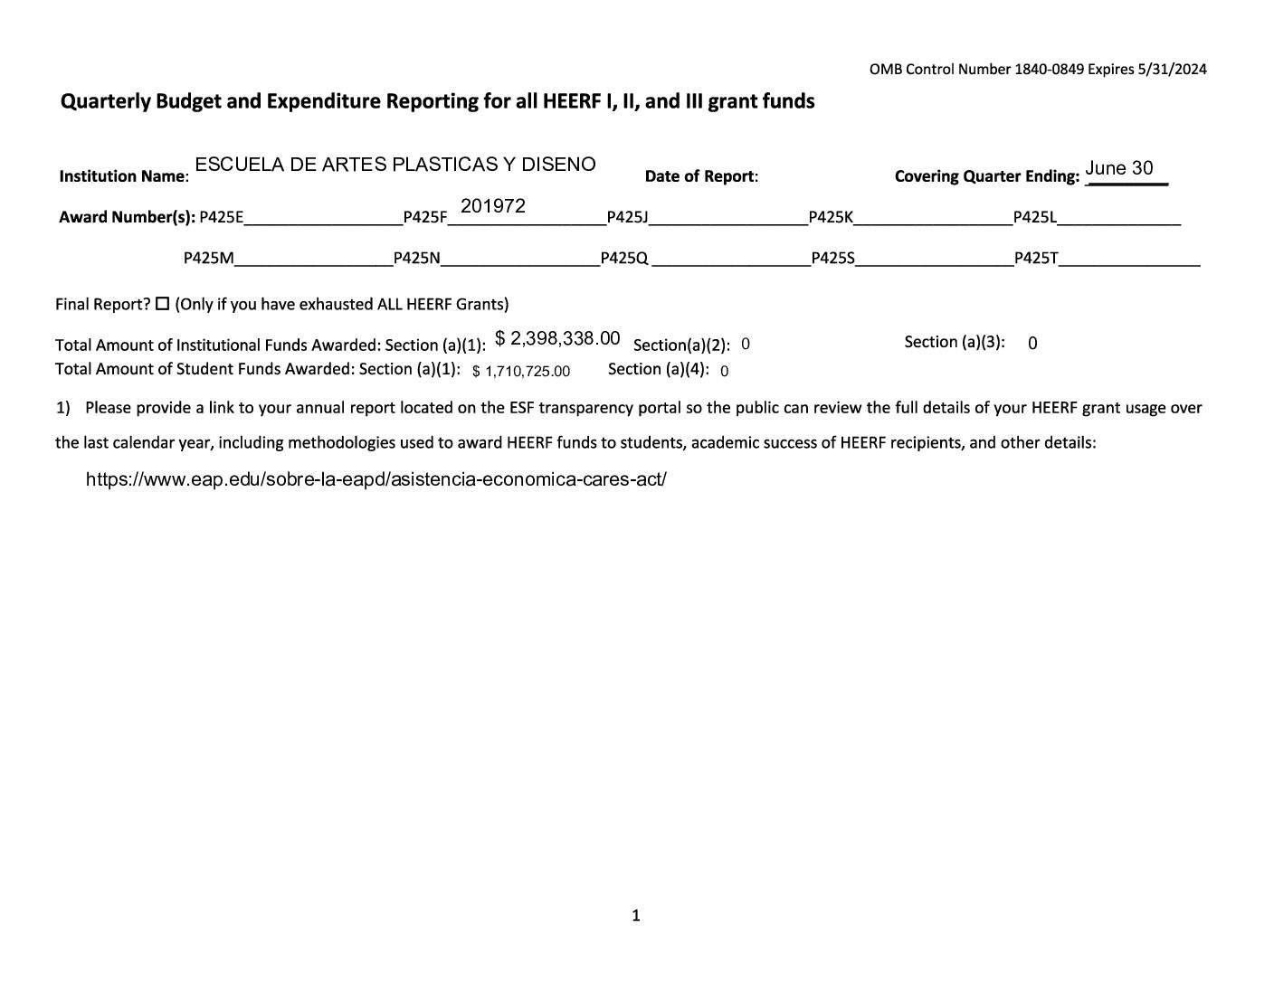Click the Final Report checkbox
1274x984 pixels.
pos(163,304)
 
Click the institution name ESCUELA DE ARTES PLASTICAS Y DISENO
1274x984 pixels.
pos(395,165)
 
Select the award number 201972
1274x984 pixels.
pos(493,206)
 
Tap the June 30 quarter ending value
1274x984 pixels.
pos(1119,168)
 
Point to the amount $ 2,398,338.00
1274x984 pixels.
pos(557,338)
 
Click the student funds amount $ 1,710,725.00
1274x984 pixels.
pos(521,371)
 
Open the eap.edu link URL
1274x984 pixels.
pos(376,479)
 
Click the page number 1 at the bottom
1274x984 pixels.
pos(635,915)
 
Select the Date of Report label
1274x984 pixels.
pos(700,176)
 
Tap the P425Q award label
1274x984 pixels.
pos(624,258)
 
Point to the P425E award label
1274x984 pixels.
pos(221,217)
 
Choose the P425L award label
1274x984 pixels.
pos(1034,217)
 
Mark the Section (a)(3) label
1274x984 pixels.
pos(955,342)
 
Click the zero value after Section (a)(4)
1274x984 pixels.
pos(725,371)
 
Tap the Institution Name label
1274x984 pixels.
pos(123,176)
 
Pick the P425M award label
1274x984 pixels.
pos(208,258)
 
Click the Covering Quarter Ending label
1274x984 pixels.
pos(986,176)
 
